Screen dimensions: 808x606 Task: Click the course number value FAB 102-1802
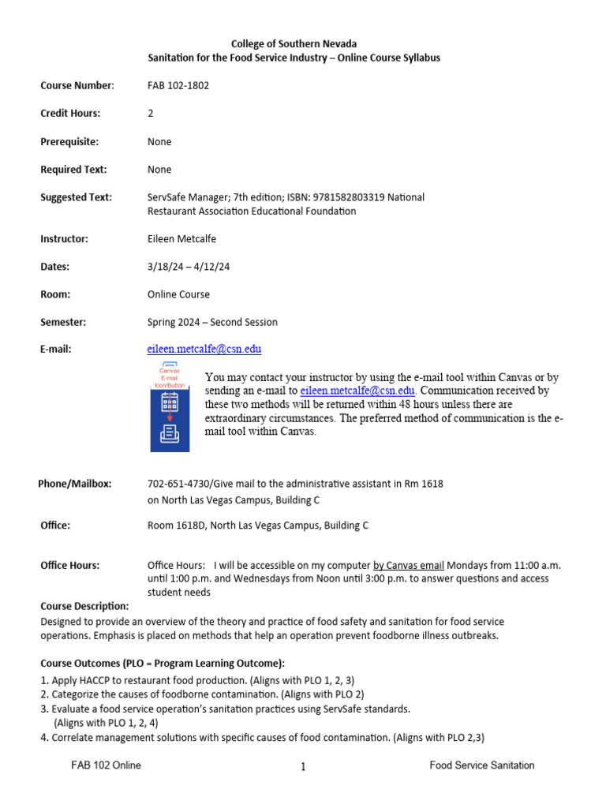tap(178, 85)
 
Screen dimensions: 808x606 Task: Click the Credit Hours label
tap(70, 113)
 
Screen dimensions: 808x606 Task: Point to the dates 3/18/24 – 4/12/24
tap(189, 267)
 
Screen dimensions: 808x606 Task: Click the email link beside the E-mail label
tap(204, 349)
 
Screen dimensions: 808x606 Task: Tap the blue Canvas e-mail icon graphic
tap(170, 408)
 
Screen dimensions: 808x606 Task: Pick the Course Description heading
tap(84, 606)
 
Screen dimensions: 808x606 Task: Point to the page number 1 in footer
tap(303, 766)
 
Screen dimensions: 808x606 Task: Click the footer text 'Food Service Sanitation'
tap(482, 765)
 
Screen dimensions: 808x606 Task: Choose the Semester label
tap(63, 322)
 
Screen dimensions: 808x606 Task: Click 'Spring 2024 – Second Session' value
tap(212, 322)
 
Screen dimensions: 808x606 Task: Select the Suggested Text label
tap(76, 197)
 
